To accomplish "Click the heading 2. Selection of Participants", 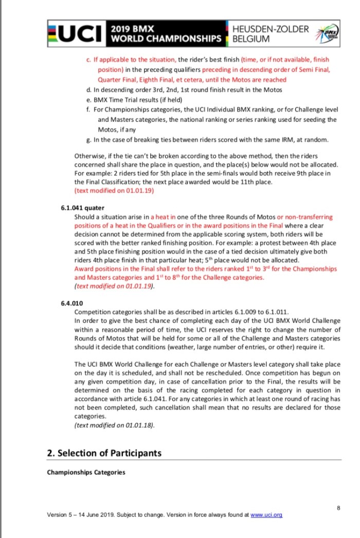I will (x=104, y=453).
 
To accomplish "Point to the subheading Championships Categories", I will (x=86, y=472).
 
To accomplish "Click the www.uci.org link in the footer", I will (x=266, y=514).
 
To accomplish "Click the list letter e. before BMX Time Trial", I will (x=90, y=100).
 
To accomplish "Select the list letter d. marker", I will (x=90, y=90).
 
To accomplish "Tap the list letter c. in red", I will (x=89, y=60).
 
